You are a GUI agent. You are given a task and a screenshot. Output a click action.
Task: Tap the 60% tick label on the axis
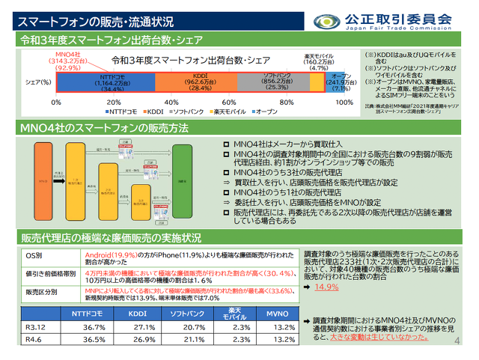(229, 102)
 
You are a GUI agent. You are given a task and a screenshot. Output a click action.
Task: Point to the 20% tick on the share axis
(114, 102)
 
